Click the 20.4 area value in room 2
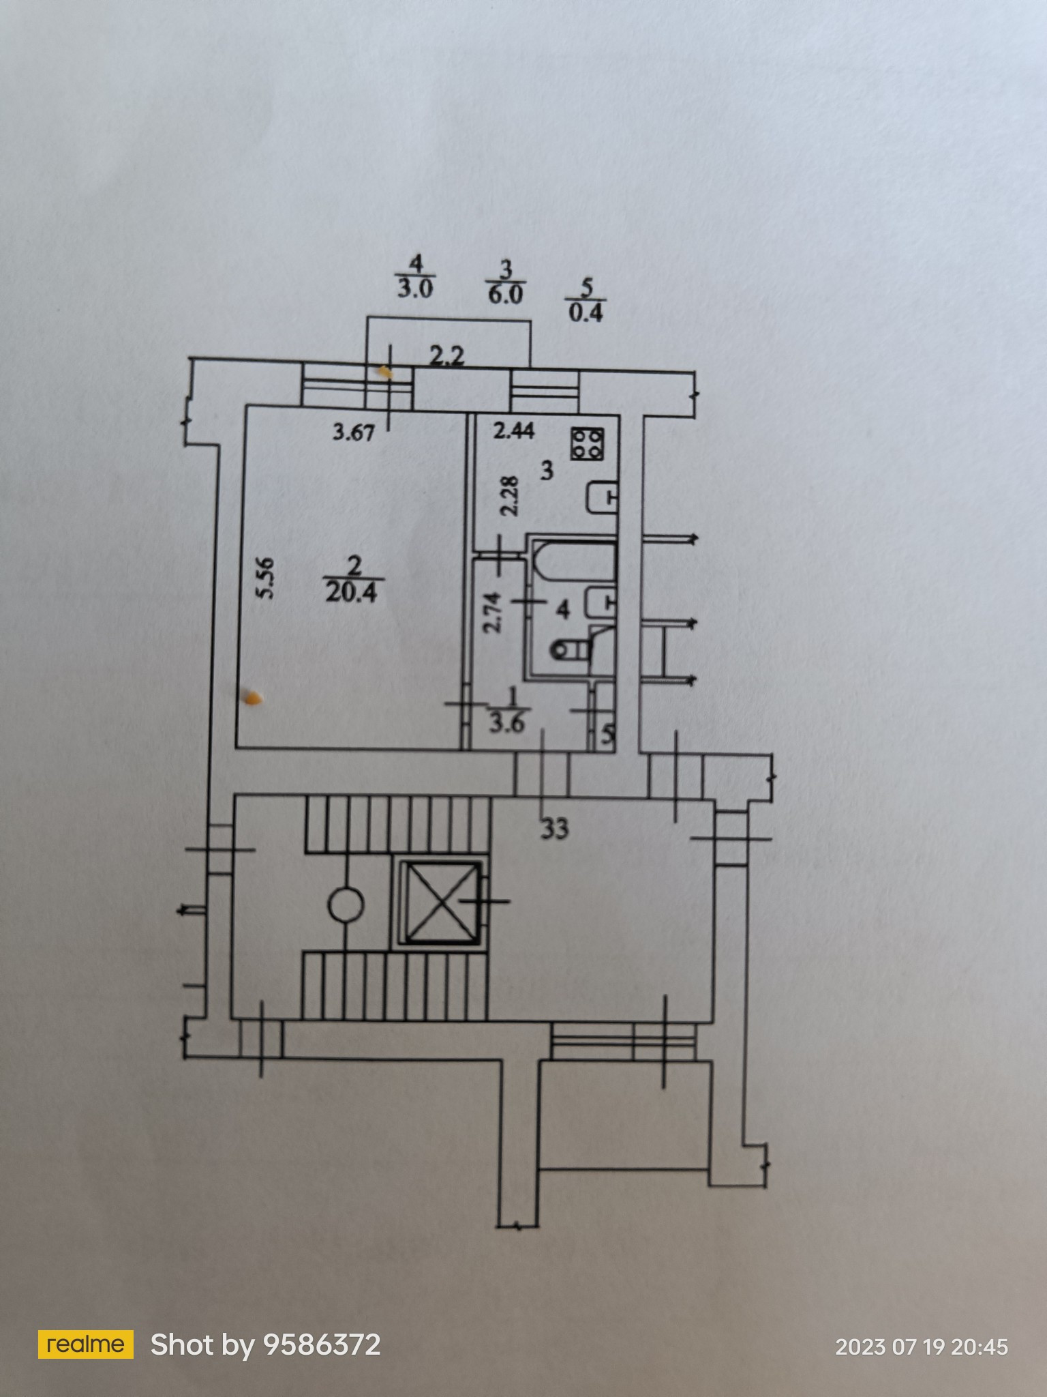click(x=351, y=591)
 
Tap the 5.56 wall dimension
click(x=266, y=578)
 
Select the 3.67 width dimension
click(x=354, y=432)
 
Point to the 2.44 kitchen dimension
click(x=514, y=430)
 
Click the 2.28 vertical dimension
click(x=511, y=495)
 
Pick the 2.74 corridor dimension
click(x=493, y=612)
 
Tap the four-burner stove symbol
click(x=588, y=444)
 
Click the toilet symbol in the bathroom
click(x=569, y=651)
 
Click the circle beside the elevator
click(x=346, y=905)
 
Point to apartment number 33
click(x=555, y=829)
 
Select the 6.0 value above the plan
click(x=505, y=294)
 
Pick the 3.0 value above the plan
click(x=414, y=289)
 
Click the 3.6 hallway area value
click(x=506, y=723)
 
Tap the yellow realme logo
click(x=85, y=1344)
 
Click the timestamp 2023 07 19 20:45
click(x=921, y=1347)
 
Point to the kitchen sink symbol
click(x=603, y=497)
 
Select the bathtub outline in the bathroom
click(x=575, y=560)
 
